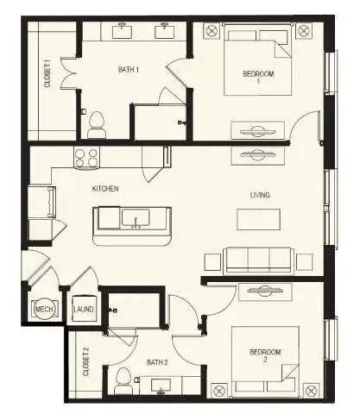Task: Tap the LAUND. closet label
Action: click(x=84, y=309)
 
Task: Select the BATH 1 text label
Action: click(x=128, y=69)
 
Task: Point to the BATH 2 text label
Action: click(x=156, y=362)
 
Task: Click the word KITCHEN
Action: click(x=105, y=188)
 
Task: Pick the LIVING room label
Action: click(x=260, y=195)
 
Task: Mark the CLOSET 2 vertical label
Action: click(x=85, y=361)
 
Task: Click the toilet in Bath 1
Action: click(x=96, y=119)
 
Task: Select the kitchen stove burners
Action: click(x=86, y=158)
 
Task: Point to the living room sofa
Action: click(x=259, y=259)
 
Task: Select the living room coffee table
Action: click(x=258, y=220)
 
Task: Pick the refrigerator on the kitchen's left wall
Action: click(x=41, y=203)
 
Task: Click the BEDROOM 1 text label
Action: click(x=257, y=78)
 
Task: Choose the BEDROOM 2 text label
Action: click(x=264, y=354)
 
